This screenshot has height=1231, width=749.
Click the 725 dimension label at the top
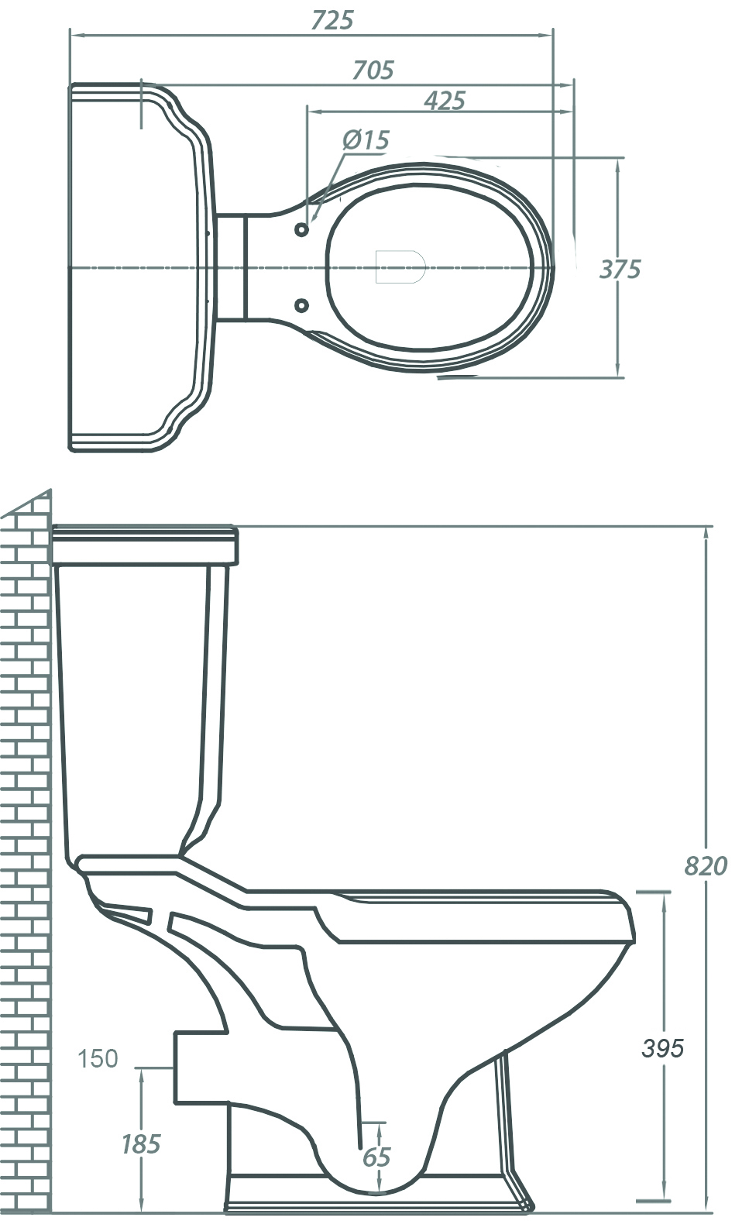332,20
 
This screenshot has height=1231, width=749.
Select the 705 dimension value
373,70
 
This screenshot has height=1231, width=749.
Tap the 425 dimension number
445,101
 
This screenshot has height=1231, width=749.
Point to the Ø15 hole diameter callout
366,140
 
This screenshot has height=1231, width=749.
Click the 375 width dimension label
620,270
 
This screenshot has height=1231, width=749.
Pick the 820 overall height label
706,865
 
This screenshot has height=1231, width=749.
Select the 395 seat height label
662,1048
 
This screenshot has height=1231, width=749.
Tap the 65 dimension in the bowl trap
376,1157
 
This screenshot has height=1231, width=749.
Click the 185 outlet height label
140,1143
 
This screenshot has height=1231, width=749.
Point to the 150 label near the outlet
98,1058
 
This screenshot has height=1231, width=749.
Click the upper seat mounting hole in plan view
302,230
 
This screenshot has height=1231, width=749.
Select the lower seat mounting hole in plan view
302,305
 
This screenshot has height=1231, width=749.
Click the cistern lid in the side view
144,545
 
